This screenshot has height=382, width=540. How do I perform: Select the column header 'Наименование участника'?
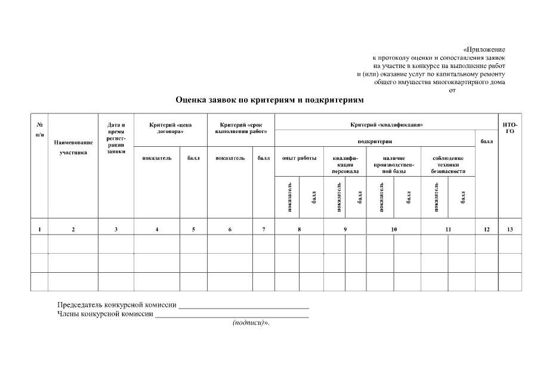point(73,147)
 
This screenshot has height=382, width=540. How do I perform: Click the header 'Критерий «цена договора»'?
point(170,128)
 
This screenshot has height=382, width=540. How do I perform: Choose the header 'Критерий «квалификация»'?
point(386,125)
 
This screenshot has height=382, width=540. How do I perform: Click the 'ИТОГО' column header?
point(510,128)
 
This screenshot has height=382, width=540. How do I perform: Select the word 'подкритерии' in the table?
point(375,141)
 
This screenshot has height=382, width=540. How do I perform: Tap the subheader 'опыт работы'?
point(299,158)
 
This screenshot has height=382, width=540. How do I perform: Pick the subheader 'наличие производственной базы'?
point(394,164)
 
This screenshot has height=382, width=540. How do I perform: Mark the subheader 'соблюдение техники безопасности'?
point(448,164)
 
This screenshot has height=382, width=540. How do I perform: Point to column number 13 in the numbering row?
point(510,229)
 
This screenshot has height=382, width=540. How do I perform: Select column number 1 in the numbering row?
point(39,229)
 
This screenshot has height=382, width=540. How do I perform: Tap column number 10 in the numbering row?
point(394,229)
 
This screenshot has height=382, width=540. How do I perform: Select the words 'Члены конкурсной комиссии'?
point(105,314)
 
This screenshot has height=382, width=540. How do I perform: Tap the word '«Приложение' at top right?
point(484,49)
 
